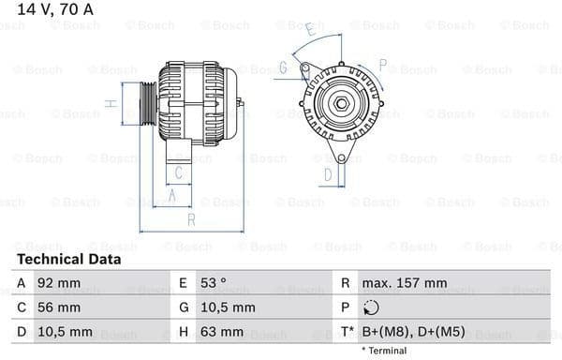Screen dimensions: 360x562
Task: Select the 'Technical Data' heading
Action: (68, 260)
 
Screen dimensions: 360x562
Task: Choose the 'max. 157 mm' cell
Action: (406, 283)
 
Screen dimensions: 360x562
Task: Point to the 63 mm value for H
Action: (223, 332)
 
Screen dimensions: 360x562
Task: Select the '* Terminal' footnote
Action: (384, 351)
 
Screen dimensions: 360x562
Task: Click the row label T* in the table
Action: (346, 332)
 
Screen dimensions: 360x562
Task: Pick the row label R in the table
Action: (346, 283)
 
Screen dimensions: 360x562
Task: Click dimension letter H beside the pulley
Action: (111, 103)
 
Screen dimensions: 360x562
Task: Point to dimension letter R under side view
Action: (191, 219)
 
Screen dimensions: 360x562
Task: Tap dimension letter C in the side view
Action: (180, 172)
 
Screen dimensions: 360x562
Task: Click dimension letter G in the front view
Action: (282, 67)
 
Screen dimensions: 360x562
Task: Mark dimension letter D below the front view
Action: (328, 173)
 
